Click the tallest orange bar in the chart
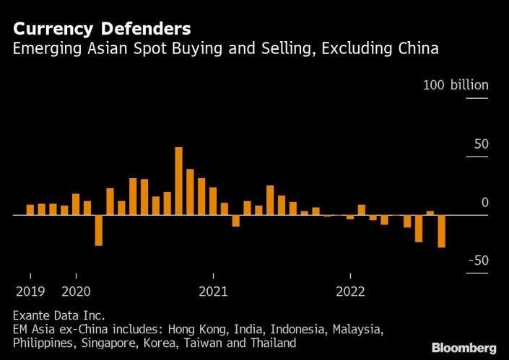tap(178, 181)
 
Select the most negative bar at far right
tap(441, 231)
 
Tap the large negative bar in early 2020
tap(99, 230)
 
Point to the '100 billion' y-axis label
tap(456, 85)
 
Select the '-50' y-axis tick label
tap(477, 260)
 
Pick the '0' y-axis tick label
tap(485, 203)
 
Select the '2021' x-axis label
tap(213, 291)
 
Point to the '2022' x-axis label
tap(349, 291)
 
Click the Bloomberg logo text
tap(464, 348)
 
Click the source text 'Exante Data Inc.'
tap(58, 315)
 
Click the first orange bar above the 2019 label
tap(30, 210)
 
